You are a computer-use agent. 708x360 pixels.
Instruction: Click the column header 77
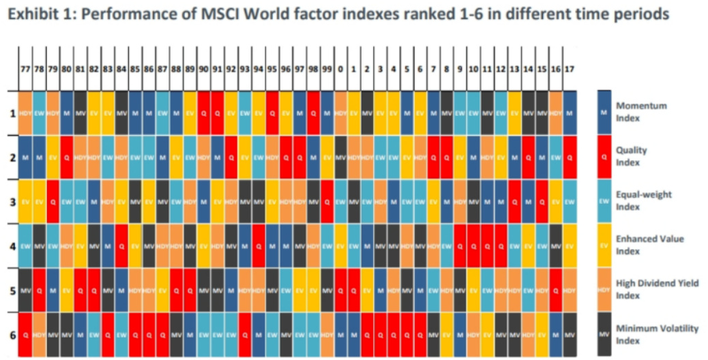coord(25,69)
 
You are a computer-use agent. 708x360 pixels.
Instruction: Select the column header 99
coord(327,69)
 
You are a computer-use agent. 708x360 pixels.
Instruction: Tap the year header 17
coord(570,69)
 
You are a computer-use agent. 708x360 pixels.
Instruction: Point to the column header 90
coord(204,69)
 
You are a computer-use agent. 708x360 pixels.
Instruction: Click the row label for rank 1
coord(12,112)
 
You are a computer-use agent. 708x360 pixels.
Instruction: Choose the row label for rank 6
coord(12,334)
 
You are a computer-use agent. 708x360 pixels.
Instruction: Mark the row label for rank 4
coord(12,245)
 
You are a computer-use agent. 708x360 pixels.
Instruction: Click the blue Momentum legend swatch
coord(604,112)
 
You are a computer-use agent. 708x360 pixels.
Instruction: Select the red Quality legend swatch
coord(604,156)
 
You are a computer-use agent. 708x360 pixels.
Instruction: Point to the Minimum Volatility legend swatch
coord(604,333)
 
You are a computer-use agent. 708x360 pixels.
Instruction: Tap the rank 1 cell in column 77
coord(25,112)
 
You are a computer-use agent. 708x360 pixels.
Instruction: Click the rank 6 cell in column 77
coord(25,334)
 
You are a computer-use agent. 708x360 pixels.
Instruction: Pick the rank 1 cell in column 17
coord(570,112)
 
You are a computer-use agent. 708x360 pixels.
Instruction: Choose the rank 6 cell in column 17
coord(570,334)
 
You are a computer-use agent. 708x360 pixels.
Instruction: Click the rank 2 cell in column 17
coord(570,157)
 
